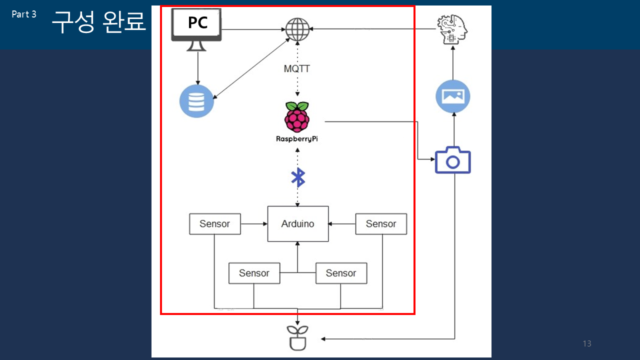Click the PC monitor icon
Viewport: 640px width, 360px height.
196,29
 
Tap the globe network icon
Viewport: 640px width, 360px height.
297,29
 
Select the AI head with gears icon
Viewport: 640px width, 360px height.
452,29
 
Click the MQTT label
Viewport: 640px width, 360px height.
297,69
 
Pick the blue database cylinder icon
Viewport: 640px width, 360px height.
196,101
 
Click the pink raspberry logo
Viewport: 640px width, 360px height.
297,117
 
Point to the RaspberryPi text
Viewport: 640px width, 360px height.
297,139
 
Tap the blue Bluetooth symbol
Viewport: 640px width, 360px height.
297,177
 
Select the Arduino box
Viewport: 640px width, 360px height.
297,223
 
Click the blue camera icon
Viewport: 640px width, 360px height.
453,160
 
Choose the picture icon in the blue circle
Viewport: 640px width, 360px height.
453,96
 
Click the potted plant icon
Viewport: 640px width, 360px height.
297,338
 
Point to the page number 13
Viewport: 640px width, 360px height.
587,343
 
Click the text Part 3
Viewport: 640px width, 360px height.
24,14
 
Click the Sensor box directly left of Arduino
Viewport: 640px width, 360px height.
215,224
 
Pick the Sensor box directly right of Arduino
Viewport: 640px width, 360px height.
381,224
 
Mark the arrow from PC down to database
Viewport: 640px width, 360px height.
197,68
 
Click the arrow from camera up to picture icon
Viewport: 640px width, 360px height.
454,129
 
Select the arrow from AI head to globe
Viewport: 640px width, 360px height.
373,29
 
